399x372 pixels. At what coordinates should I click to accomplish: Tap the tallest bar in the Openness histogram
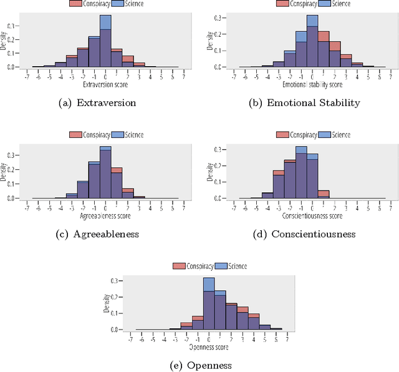click(209, 306)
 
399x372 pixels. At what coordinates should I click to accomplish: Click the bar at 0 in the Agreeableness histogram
click(105, 175)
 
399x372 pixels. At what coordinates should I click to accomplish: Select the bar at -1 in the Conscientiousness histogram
click(301, 175)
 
